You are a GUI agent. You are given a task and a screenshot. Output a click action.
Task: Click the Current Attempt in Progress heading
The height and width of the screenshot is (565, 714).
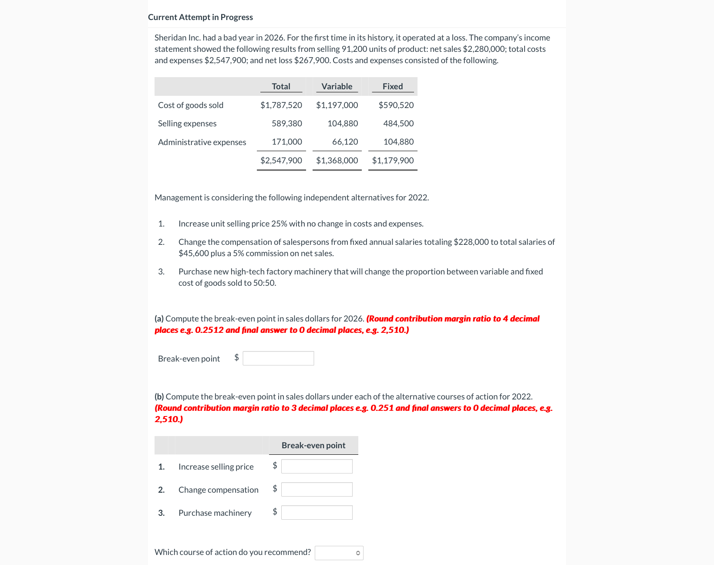[x=200, y=17]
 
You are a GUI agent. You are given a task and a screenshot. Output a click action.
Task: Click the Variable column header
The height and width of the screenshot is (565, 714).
[x=337, y=86]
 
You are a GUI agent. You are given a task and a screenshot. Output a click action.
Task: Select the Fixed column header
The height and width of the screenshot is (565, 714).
[x=392, y=86]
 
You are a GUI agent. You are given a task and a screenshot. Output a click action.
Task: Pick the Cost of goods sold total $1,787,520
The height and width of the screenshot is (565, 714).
[x=281, y=105]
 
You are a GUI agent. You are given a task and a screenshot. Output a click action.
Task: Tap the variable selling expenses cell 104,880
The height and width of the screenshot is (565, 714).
[x=343, y=123]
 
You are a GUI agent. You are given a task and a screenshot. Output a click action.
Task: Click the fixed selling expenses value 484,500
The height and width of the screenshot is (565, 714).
[x=398, y=123]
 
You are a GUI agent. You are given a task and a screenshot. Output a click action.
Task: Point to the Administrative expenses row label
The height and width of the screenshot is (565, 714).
[x=202, y=142]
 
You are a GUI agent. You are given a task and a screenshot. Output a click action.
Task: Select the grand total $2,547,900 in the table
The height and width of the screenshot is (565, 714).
[x=281, y=160]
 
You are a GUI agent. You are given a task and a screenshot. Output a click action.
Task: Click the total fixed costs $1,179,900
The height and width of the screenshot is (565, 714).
[x=393, y=160]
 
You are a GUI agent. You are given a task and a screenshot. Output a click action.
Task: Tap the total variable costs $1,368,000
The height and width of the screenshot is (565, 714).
[x=337, y=160]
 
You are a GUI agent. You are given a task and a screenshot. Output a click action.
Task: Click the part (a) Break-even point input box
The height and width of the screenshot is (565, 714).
[x=278, y=358]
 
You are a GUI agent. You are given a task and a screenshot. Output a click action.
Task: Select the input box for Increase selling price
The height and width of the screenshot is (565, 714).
[x=317, y=466]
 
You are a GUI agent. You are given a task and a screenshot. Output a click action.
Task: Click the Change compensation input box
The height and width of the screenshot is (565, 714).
[x=317, y=489]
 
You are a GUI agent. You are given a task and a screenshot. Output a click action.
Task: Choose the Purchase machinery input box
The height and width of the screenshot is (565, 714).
[x=317, y=512]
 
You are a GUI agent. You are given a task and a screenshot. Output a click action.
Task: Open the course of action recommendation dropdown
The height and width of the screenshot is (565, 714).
[x=339, y=553]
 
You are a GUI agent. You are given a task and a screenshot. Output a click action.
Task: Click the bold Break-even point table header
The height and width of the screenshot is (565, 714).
[x=313, y=445]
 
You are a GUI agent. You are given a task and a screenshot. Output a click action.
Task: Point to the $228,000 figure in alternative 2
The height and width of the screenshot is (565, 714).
[x=471, y=242]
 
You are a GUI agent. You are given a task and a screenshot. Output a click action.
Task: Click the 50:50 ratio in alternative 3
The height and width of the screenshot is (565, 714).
[x=264, y=283]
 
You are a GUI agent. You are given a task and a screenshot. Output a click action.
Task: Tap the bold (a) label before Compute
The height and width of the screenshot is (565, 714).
[x=159, y=318]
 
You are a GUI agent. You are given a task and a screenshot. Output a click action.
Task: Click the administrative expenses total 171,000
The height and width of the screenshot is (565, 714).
[x=286, y=142]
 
